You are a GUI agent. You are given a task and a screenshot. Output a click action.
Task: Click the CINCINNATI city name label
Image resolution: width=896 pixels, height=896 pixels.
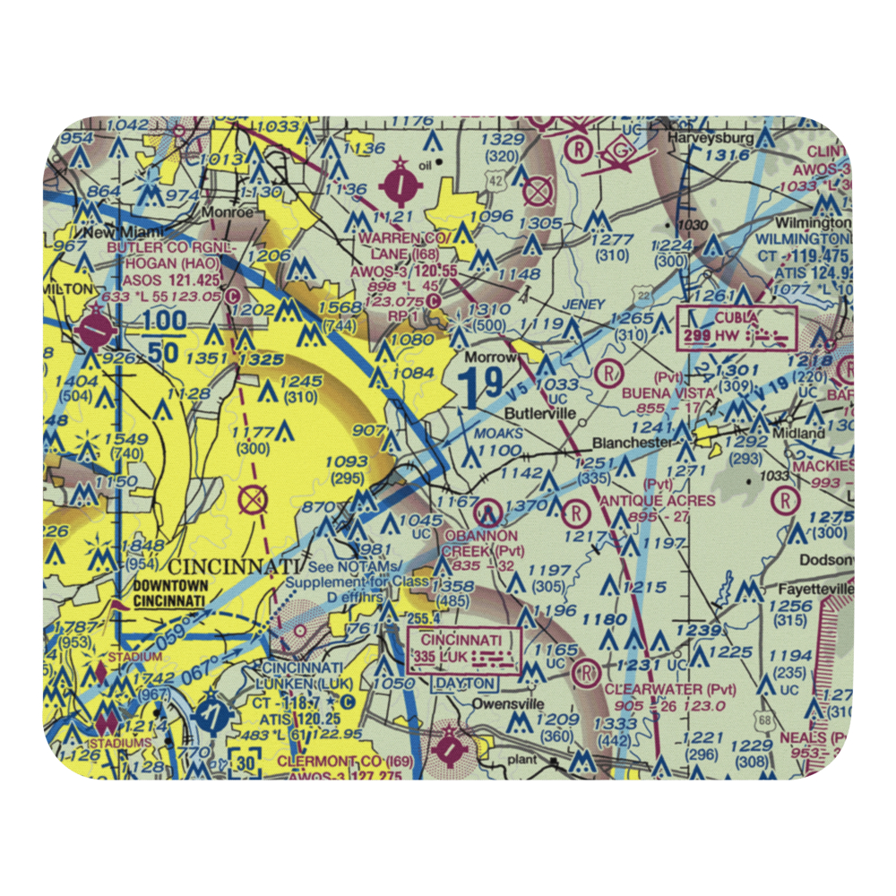(233, 566)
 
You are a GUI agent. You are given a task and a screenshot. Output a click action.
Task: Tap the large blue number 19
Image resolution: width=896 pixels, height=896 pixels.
(479, 387)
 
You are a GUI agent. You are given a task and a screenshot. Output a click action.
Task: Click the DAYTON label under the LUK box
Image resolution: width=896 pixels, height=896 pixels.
(465, 683)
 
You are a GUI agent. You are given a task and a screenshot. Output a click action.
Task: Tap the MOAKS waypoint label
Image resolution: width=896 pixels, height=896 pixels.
(505, 433)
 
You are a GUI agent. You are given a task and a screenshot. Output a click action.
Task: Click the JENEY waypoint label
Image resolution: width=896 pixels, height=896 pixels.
(583, 305)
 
